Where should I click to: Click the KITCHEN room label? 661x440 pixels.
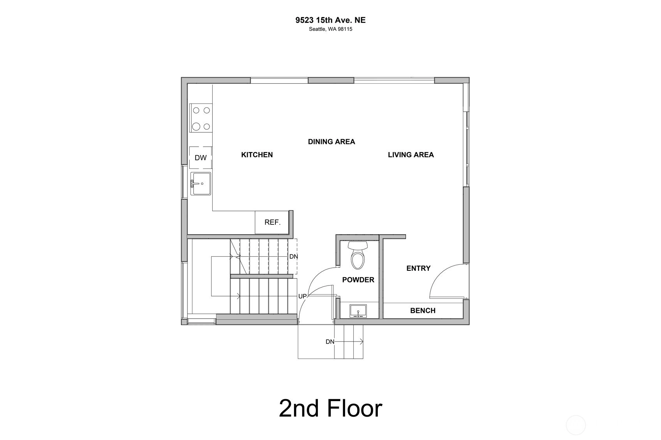point(257,155)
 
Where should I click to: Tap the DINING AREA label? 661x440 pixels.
point(331,142)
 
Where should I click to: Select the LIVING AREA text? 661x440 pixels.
point(411,155)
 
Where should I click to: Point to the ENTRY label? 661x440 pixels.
point(418,268)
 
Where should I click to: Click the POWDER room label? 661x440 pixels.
point(358,280)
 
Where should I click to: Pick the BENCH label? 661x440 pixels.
point(423,310)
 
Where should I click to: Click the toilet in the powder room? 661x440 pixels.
point(358,255)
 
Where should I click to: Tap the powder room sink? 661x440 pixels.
point(358,311)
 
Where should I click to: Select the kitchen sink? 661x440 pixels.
point(201,184)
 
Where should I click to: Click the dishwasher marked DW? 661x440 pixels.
point(201,158)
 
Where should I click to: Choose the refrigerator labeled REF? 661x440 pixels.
point(272,222)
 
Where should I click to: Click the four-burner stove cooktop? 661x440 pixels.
point(201,118)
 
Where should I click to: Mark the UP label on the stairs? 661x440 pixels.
point(303,296)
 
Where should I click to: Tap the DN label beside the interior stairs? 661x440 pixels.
point(294,257)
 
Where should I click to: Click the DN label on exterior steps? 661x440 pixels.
point(330,342)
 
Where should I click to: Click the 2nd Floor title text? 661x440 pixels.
point(330,408)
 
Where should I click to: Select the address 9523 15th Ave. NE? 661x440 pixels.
point(330,20)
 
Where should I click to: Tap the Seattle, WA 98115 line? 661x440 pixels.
point(330,29)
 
